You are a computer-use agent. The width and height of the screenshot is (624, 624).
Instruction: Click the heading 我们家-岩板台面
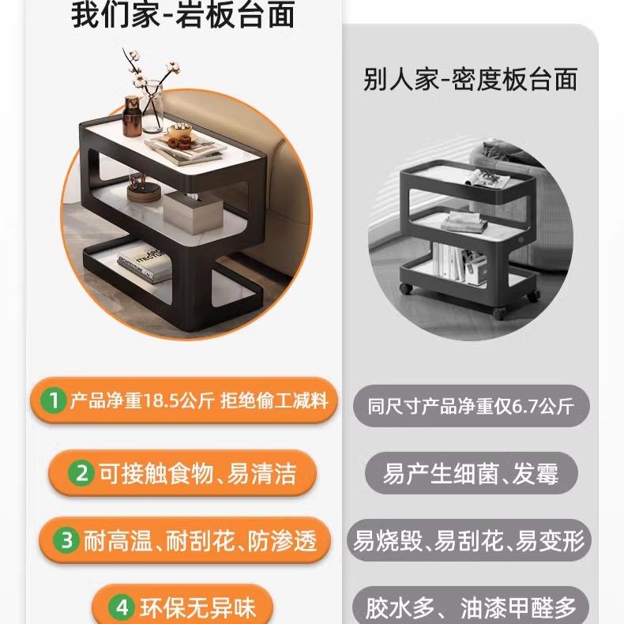tap(182, 15)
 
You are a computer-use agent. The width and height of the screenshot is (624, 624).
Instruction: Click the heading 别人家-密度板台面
tap(470, 79)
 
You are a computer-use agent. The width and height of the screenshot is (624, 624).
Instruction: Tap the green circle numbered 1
tap(54, 401)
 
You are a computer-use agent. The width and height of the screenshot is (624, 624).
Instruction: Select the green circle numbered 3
tap(68, 540)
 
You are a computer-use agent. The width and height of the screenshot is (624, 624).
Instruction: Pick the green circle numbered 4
tap(122, 608)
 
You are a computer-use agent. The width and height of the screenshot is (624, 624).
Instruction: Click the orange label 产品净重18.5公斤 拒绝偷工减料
tap(197, 401)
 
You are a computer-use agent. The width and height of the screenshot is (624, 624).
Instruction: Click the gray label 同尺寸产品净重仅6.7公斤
tap(471, 407)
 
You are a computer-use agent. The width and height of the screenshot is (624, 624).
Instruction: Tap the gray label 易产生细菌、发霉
tap(471, 474)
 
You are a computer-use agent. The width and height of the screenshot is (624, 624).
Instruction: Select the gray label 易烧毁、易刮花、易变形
tap(471, 541)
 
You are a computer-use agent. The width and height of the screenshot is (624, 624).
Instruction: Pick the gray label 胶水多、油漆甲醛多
tap(471, 608)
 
